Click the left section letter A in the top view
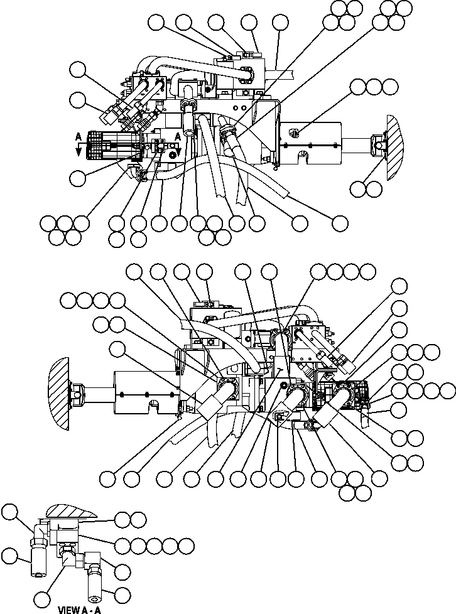click(77, 136)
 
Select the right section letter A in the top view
click(178, 136)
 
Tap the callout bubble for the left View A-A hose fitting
click(9, 555)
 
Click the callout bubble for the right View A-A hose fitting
click(122, 593)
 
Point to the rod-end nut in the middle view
click(78, 394)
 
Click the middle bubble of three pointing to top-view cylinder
click(374, 87)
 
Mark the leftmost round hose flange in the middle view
click(225, 385)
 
